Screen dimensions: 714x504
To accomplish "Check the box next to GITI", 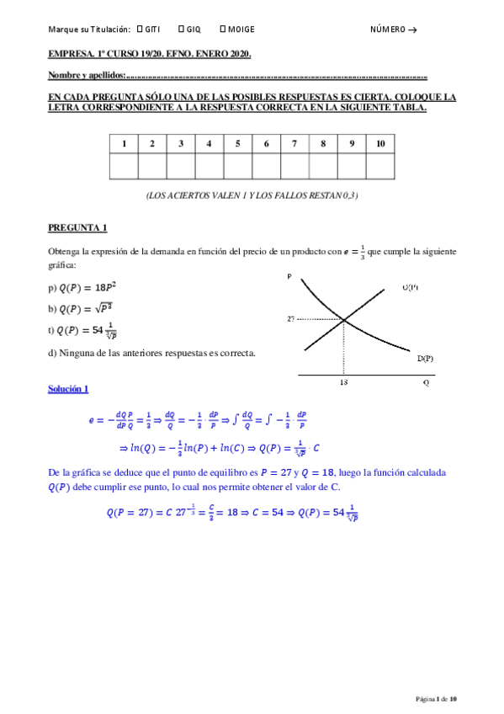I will click(x=138, y=29).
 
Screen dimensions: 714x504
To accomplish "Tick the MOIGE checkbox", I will click(x=221, y=29).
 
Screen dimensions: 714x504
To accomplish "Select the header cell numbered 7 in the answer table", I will click(x=294, y=143).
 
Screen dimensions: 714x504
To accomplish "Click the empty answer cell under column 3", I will click(x=180, y=167).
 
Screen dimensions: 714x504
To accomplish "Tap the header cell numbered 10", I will click(x=380, y=143).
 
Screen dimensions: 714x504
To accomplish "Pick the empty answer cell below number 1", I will click(x=124, y=167).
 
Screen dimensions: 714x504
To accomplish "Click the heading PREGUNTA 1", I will click(x=77, y=227).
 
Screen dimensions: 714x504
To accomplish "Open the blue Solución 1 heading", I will click(x=68, y=388).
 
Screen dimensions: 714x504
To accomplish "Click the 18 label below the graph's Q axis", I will click(x=343, y=381).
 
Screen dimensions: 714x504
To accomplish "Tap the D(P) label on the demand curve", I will click(x=426, y=358).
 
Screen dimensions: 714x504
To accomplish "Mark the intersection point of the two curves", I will click(x=344, y=319).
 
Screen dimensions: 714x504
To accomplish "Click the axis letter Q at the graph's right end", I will click(x=426, y=381).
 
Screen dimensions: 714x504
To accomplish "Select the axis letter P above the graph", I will click(x=289, y=275).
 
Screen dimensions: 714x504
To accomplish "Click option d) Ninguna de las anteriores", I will click(x=151, y=353).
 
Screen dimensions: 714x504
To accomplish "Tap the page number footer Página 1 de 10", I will click(x=437, y=698).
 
